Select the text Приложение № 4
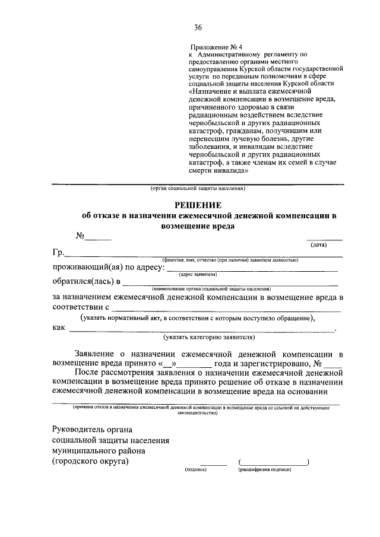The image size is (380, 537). (x=213, y=46)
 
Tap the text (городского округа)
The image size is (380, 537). (x=90, y=461)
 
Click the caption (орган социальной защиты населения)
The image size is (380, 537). (x=194, y=189)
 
